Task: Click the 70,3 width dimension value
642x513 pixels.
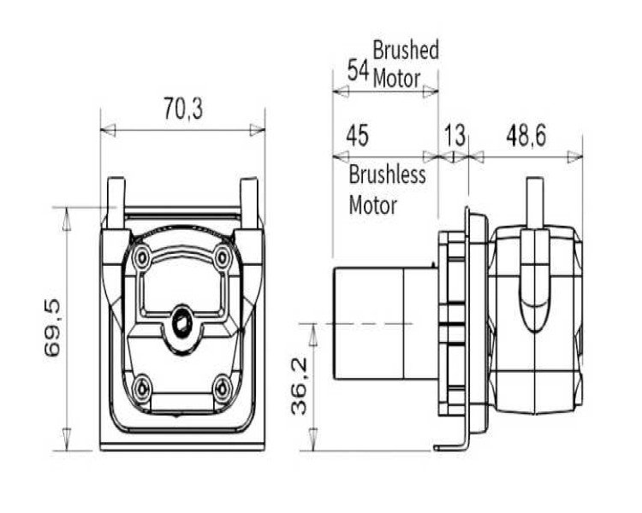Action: click(183, 108)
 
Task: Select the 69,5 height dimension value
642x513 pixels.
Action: click(53, 327)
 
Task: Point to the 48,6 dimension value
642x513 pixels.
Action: click(526, 135)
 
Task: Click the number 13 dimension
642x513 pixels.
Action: click(455, 135)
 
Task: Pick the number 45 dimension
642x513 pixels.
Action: click(358, 135)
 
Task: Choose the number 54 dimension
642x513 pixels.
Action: click(359, 70)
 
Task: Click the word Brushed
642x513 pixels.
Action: click(406, 50)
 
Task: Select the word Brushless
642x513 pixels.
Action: click(387, 174)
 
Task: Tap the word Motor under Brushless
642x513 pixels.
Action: click(372, 204)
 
